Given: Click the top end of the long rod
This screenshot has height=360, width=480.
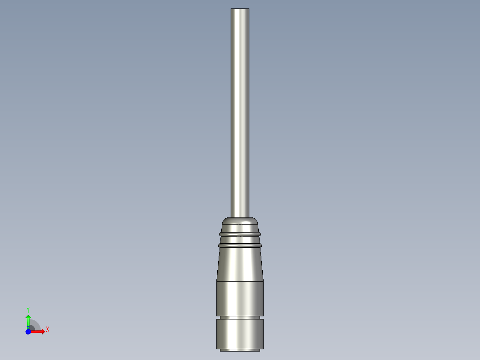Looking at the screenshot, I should tap(240, 10).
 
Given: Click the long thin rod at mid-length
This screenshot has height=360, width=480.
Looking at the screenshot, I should tap(240, 111).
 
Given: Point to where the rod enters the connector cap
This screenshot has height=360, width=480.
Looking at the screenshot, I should tap(240, 217).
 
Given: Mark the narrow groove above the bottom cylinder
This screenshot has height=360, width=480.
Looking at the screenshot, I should tap(240, 317).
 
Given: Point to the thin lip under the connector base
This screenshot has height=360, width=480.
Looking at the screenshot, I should tap(240, 350).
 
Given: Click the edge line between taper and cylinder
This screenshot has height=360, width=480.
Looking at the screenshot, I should tap(240, 281).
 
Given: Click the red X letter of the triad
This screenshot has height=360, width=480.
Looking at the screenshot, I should tap(48, 330).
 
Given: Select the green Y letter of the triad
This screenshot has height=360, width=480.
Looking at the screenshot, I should tap(28, 309).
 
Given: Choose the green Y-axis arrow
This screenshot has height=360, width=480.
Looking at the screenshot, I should tap(28, 320).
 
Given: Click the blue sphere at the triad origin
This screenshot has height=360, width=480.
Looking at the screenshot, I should tap(28, 331).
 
